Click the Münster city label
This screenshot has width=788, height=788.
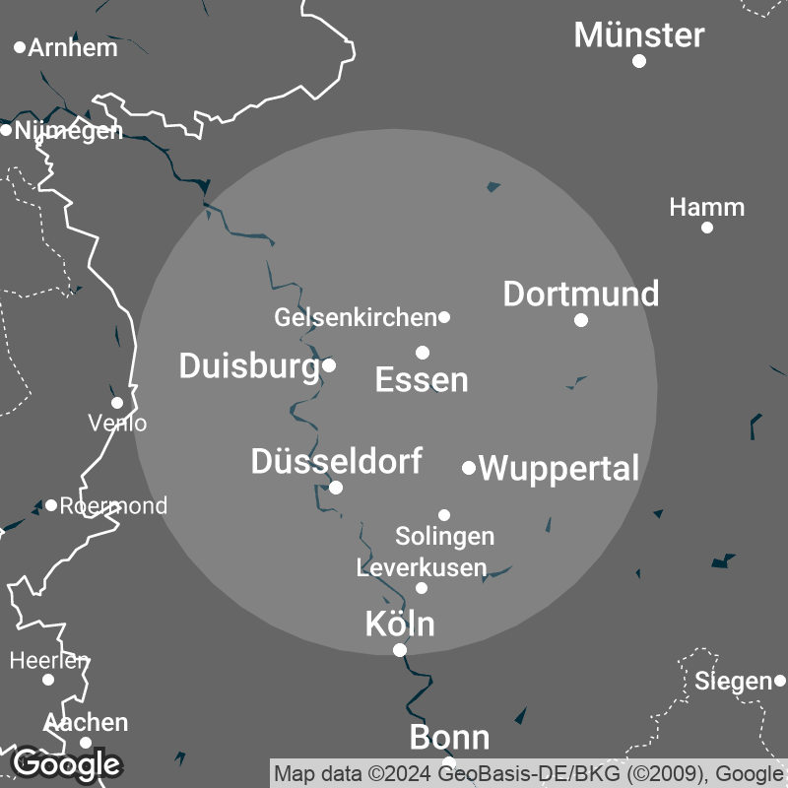(x=639, y=35)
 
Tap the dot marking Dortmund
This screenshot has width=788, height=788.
(x=581, y=319)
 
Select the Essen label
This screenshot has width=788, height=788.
(x=422, y=379)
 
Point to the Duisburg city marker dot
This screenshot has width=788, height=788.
(x=329, y=364)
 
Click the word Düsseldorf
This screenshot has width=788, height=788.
(x=337, y=460)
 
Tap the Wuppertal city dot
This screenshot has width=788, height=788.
(x=469, y=468)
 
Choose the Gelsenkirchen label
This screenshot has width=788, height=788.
(x=355, y=317)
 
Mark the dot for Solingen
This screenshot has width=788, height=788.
(x=444, y=514)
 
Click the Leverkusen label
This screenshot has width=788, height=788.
(x=422, y=567)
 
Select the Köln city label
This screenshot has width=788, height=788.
(x=400, y=624)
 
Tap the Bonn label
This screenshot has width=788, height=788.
(x=449, y=738)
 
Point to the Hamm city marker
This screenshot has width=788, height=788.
(x=706, y=228)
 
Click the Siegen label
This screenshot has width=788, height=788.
(x=733, y=681)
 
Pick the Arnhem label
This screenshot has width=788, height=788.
(x=73, y=47)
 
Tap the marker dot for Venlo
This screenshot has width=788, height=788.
(x=117, y=402)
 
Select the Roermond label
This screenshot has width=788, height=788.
(x=113, y=505)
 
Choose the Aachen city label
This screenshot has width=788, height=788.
(x=86, y=722)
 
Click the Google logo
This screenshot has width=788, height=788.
(x=66, y=763)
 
